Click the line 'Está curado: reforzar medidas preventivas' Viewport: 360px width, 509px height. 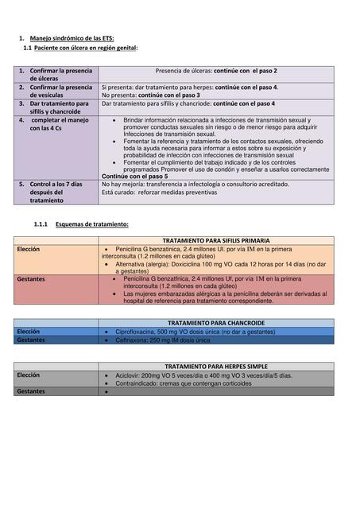tap(156, 192)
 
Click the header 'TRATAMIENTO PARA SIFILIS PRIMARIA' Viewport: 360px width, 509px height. tap(215, 240)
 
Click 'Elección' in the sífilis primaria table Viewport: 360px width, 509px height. tap(29, 249)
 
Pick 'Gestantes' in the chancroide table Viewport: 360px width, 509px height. tap(31, 340)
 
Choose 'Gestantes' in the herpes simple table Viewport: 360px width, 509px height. tap(31, 391)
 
